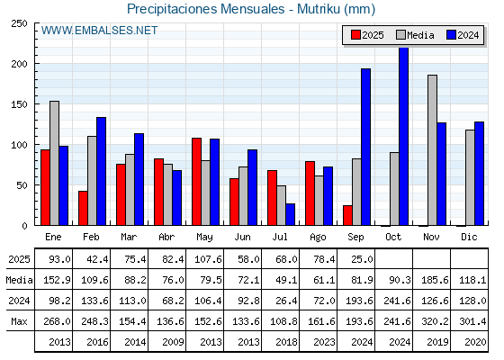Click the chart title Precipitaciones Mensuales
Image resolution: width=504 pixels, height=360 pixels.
[206, 9]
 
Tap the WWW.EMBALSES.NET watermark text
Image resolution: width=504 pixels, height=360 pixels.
[99, 31]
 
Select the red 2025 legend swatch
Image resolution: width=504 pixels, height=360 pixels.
[355, 35]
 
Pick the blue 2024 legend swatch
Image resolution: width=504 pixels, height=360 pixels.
[451, 35]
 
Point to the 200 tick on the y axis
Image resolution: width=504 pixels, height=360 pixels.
[19, 64]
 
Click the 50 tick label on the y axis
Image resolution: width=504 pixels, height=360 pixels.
[22, 185]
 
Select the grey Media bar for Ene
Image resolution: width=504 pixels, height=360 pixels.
[54, 163]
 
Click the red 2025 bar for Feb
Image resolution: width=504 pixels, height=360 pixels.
[83, 208]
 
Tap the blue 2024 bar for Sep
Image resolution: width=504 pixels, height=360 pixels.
[365, 147]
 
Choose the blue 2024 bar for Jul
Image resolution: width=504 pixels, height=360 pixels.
[290, 214]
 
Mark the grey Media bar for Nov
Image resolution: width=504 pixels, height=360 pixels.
[432, 150]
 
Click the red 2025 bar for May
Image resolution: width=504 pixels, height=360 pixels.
[196, 182]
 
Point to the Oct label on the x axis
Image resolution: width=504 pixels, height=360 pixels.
[393, 237]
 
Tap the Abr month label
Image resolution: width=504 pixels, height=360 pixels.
[166, 237]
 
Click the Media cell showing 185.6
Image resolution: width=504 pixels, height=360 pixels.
[435, 280]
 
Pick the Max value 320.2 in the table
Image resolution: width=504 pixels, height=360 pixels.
[435, 321]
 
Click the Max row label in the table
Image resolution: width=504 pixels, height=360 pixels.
[19, 321]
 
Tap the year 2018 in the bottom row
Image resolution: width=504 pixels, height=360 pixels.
[286, 342]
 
